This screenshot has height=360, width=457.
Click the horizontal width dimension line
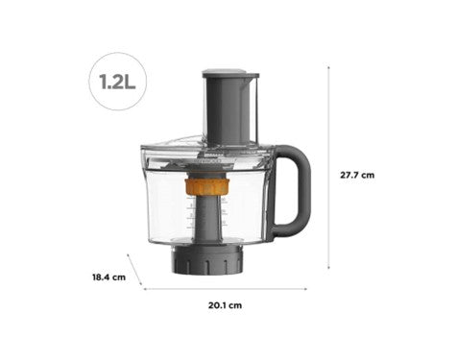[x=226, y=287]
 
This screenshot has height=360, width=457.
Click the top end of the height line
[x=329, y=66]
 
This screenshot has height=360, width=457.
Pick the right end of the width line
[x=306, y=287]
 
